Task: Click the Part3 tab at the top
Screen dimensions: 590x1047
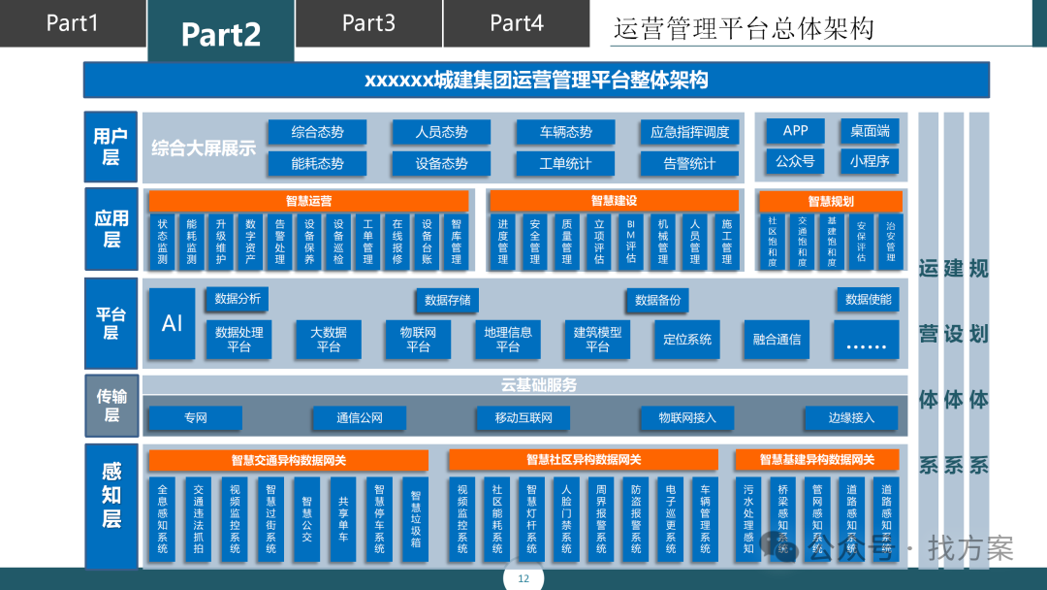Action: pos(368,23)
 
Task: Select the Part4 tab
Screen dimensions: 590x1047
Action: pos(517,23)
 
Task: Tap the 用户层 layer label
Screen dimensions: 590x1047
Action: pos(111,147)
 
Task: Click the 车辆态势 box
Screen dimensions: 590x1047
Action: pos(565,132)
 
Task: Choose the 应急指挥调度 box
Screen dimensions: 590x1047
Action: pos(689,132)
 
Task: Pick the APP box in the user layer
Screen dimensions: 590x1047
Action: pos(795,131)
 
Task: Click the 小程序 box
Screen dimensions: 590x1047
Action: pos(870,161)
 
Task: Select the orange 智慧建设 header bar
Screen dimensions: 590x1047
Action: pos(615,201)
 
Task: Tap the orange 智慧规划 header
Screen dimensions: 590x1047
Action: pos(831,201)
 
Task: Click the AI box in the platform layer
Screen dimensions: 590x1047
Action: pos(172,323)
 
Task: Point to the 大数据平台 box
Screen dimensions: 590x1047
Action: pos(329,339)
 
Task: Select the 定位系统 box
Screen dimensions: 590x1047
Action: pos(687,339)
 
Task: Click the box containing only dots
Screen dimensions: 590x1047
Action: pos(866,341)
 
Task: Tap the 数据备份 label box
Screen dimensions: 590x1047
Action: pos(658,300)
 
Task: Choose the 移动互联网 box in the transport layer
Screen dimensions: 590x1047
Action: pos(523,418)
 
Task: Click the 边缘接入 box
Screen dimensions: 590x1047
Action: pos(850,418)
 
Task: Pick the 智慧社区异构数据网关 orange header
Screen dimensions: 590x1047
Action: pos(584,459)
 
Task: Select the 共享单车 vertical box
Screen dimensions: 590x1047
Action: pos(343,520)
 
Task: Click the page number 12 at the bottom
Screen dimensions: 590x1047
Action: pos(523,579)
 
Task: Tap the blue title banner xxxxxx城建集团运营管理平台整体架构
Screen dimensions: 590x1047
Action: pos(536,80)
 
